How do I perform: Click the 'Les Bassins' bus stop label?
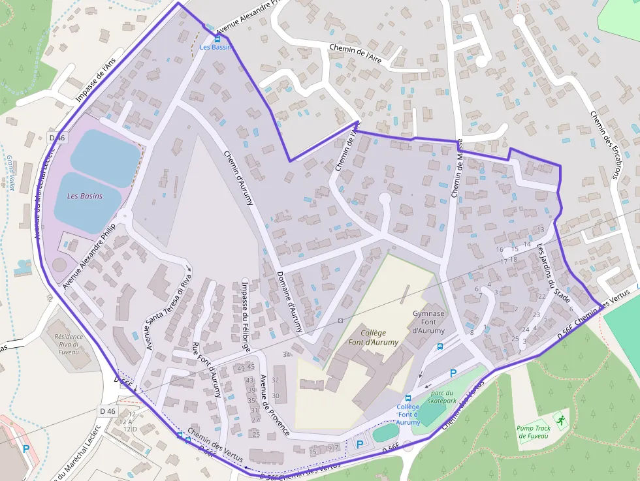tap(216, 47)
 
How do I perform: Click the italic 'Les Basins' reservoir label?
tap(85, 196)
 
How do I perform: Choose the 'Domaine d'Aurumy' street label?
tap(290, 302)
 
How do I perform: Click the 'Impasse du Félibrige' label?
tap(246, 317)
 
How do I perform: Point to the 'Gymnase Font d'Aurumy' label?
tap(428, 320)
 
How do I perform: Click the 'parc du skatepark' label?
tap(442, 397)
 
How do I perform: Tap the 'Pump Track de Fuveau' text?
tap(534, 433)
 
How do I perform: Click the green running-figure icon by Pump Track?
tap(560, 417)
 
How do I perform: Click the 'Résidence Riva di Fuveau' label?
tap(69, 344)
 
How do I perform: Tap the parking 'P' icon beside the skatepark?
tap(453, 373)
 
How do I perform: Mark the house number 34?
tap(286, 354)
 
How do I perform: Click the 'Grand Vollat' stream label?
tap(11, 173)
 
